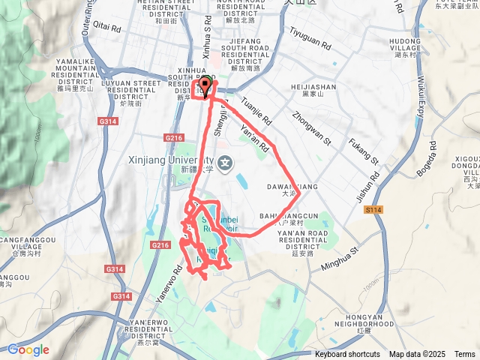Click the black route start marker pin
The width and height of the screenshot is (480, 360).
205,85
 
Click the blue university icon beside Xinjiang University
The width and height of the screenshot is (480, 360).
225,161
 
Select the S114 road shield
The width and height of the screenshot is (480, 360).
375,210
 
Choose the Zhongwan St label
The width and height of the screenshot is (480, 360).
311,125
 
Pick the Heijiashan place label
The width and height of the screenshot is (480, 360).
311,88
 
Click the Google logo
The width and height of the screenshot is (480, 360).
28,349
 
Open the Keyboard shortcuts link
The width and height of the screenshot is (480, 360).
347,355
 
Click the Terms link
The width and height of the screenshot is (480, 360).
464,355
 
